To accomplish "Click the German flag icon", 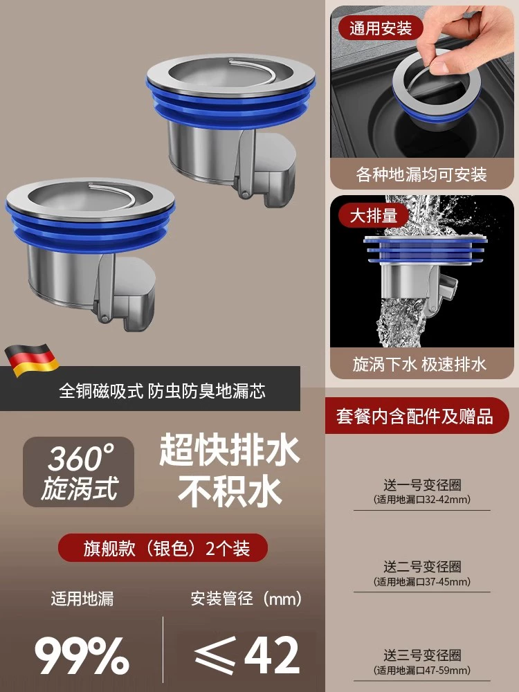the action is click(x=32, y=360).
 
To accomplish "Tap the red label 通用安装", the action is click(x=381, y=28).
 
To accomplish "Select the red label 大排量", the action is click(x=374, y=216).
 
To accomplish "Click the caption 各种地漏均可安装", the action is click(x=421, y=175).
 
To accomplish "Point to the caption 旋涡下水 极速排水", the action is click(x=419, y=365).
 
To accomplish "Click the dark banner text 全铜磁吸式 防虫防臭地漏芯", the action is click(x=163, y=391).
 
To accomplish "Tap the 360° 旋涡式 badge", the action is click(x=79, y=472).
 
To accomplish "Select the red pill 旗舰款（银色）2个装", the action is click(x=163, y=548).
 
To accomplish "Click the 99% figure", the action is click(x=82, y=655).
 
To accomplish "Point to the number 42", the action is click(x=272, y=655).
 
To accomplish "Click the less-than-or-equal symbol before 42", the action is click(x=215, y=655).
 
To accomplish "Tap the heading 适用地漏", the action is click(x=82, y=599).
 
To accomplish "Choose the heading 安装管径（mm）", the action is click(x=247, y=599).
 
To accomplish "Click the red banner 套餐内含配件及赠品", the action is click(x=415, y=416).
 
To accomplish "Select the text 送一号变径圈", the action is click(x=422, y=485).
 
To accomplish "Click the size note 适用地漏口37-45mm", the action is click(x=422, y=582).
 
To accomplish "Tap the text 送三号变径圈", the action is click(x=422, y=655).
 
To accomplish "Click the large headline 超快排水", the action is click(x=230, y=450).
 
